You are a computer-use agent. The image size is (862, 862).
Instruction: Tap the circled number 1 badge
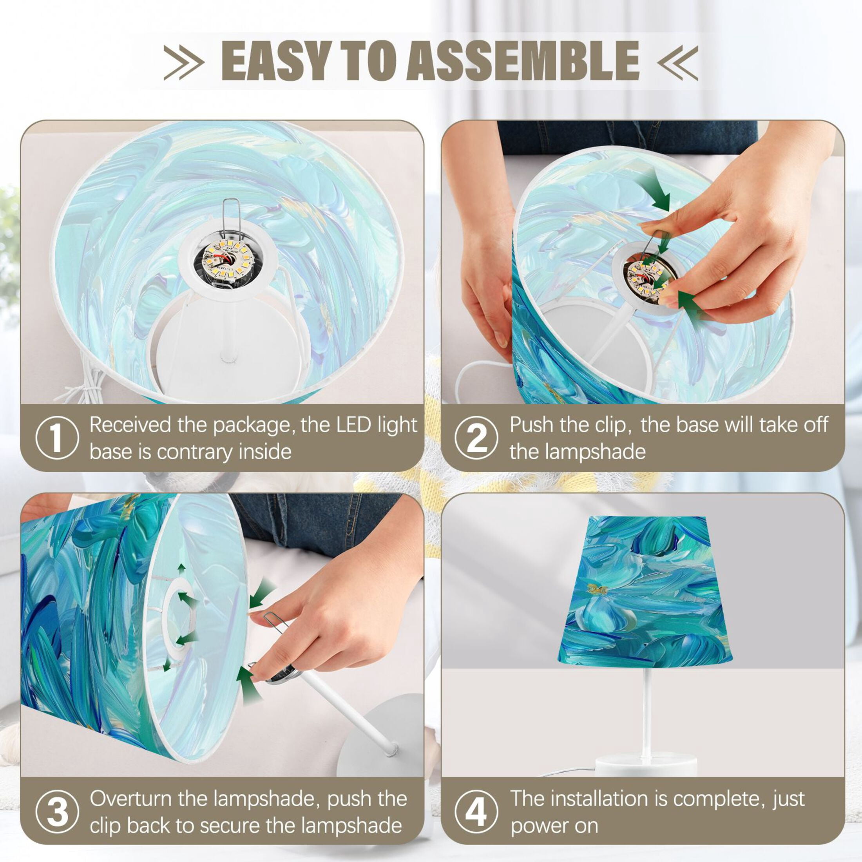coord(57,438)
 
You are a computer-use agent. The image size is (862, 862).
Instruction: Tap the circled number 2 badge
coord(476,438)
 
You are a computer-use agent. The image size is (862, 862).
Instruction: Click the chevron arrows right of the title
coord(677,62)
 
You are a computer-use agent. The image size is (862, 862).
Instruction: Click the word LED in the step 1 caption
coord(353,425)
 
